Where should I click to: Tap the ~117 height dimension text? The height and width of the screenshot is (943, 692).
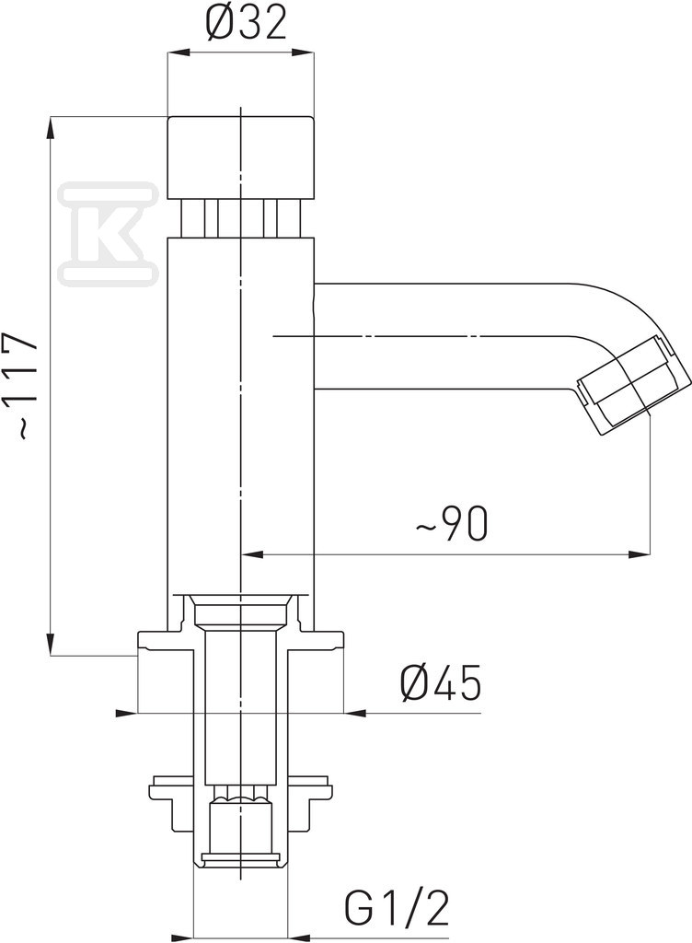click(x=25, y=385)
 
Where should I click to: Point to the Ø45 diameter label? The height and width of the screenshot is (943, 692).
click(x=441, y=682)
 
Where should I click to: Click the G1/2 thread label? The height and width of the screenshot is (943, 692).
click(x=398, y=911)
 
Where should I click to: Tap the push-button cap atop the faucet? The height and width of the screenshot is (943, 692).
click(x=240, y=157)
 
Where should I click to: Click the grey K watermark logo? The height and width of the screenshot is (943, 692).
click(x=110, y=231)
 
